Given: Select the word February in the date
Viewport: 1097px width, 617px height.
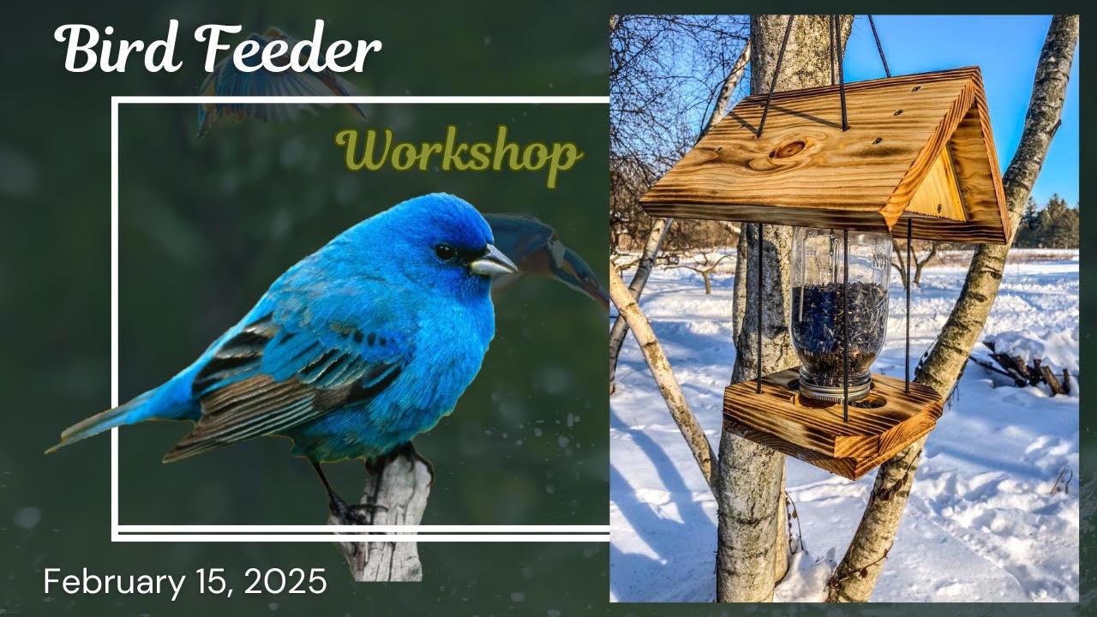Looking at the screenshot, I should pos(113,583).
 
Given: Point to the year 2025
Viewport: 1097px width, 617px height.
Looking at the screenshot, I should pos(285,583).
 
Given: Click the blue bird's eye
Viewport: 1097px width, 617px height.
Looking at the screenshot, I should pos(444,252).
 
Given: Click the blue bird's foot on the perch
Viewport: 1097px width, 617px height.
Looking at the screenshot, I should pos(351,511).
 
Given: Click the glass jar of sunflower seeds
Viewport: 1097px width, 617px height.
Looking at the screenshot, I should pos(840,308).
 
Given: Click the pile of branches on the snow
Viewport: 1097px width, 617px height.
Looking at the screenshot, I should pos(1028,368).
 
